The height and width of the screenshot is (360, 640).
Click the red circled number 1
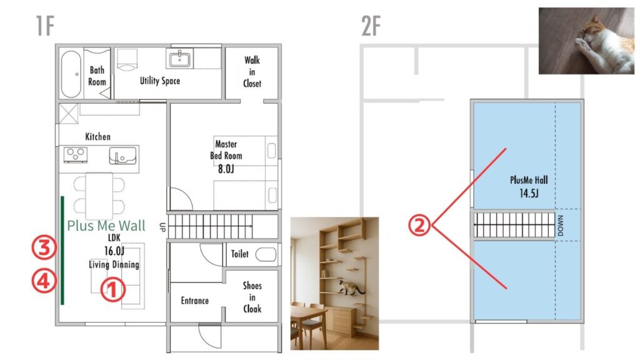click(112, 289)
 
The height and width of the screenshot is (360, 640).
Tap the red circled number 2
click(420, 225)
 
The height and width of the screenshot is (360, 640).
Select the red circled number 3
click(44, 247)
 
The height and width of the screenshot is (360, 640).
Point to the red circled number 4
click(44, 281)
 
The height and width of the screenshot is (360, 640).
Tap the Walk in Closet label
click(252, 72)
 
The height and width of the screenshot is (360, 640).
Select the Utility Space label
click(160, 81)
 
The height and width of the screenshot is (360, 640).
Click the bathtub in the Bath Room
click(71, 74)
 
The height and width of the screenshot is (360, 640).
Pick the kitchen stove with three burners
click(76, 155)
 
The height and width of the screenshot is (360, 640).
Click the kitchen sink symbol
click(123, 156)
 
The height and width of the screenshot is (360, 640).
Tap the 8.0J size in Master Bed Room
click(226, 169)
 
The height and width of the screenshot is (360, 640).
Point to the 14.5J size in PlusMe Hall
click(529, 193)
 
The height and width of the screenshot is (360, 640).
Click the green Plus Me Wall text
click(106, 226)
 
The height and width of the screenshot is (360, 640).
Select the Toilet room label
click(239, 254)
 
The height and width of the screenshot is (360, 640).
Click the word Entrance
click(195, 301)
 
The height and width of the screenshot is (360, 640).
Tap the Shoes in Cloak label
click(252, 297)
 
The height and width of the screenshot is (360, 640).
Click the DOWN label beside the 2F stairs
click(561, 225)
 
